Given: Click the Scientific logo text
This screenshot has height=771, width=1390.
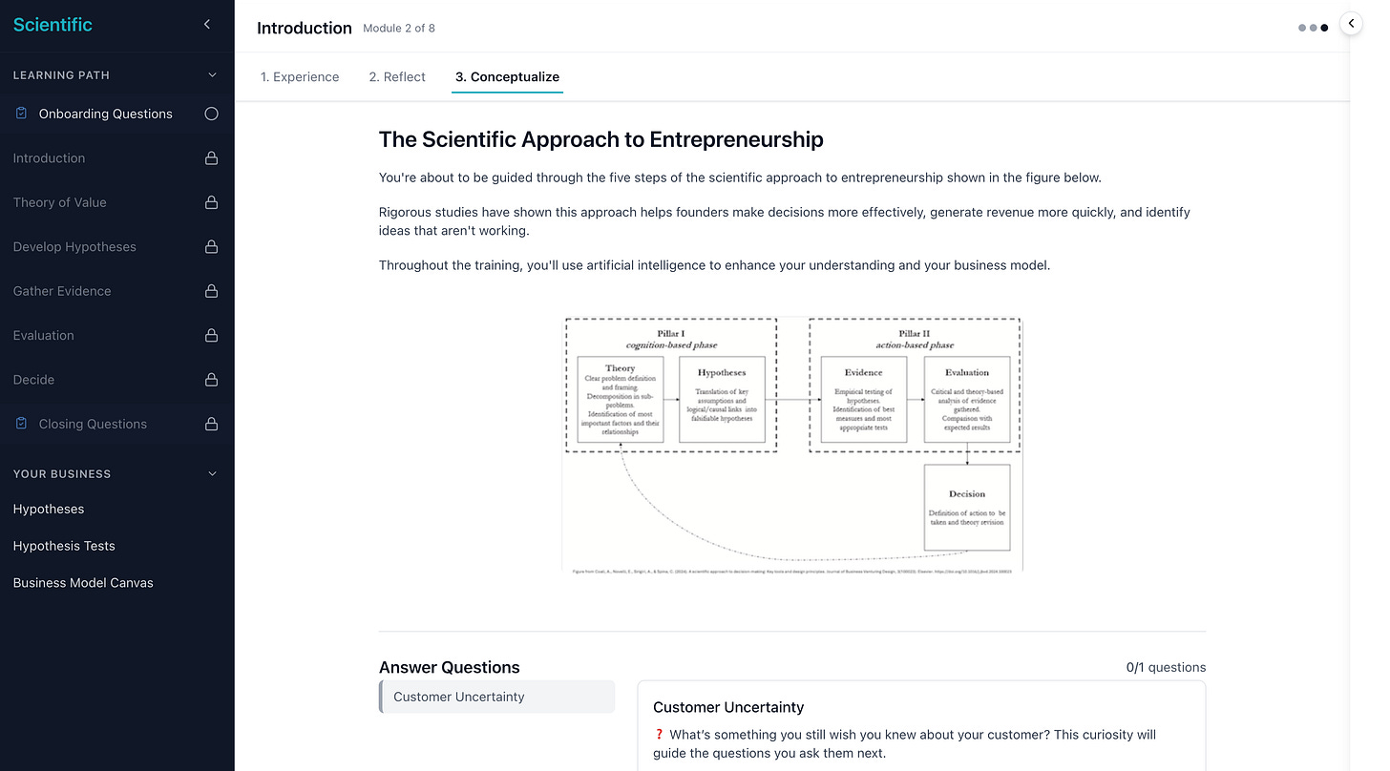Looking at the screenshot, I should (x=53, y=26).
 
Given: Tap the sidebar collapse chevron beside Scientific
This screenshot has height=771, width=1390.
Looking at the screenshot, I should (x=207, y=25).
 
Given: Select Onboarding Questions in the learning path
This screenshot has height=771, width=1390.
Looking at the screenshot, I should (x=105, y=114).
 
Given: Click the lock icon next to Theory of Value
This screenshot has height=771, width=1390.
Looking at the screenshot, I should (x=211, y=202).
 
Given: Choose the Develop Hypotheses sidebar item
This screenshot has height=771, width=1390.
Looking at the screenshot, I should (x=74, y=246).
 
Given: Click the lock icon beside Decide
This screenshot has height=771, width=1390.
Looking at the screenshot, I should (x=211, y=380).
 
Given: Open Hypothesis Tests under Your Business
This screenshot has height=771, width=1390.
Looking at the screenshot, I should (x=64, y=546).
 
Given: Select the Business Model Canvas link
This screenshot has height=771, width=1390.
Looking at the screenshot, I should (x=83, y=583).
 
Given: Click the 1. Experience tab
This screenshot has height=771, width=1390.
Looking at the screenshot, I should (x=300, y=77).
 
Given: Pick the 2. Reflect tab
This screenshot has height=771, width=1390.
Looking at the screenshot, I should (x=397, y=77).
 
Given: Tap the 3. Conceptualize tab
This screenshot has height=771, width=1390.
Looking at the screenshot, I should (x=507, y=77).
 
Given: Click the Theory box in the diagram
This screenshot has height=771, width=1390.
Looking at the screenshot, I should (x=620, y=399).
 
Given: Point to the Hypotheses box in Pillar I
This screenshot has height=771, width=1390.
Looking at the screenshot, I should (x=722, y=399).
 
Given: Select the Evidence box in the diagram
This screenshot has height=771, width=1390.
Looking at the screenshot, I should (x=863, y=399).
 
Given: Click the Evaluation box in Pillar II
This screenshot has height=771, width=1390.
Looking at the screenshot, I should (x=966, y=399).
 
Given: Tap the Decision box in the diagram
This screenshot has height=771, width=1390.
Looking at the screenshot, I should (x=966, y=507).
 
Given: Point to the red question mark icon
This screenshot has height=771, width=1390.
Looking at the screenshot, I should (x=659, y=735).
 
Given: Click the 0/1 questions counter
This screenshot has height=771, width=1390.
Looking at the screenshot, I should (x=1166, y=668).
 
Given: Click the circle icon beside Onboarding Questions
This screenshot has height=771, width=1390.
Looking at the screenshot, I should (x=211, y=114).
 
